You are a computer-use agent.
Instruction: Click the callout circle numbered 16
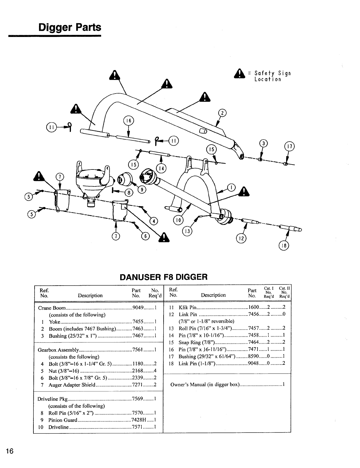coord(128,121)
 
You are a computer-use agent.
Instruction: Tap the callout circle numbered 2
coord(223,113)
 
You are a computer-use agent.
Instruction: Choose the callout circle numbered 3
coord(264,143)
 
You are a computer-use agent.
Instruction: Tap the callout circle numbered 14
coord(161,168)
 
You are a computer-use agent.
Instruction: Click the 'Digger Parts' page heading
coord(70,27)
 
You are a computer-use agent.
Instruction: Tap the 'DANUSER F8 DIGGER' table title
coord(164,277)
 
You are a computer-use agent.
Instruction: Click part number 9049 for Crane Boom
coord(137,308)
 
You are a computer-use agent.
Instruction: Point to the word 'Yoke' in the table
coord(55,322)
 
